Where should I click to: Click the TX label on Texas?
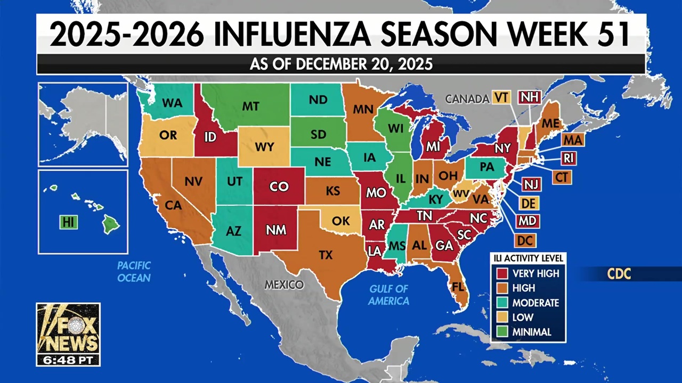pos(326,255)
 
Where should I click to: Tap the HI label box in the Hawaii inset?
pos(68,222)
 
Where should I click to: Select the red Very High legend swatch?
pos(502,273)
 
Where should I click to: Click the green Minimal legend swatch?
pos(502,332)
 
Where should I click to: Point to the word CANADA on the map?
pos(467,98)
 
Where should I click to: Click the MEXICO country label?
pos(284,285)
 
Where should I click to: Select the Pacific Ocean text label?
pos(134,271)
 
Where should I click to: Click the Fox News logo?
pos(68,328)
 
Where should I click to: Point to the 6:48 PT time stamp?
pos(68,360)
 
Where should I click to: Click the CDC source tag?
pos(619,274)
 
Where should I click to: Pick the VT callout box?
pos(501,97)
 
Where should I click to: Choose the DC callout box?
pos(525,240)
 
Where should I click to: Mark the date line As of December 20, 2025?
pos(341,64)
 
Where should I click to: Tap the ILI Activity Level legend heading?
pos(527,259)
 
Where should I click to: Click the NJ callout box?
pos(531,184)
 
